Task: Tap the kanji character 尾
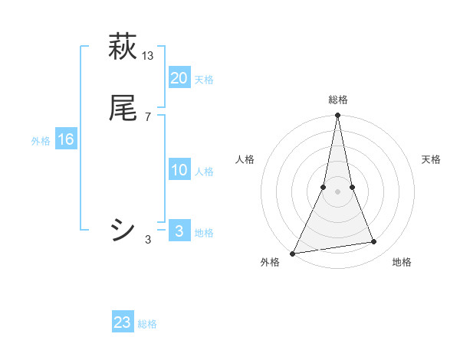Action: point(123,108)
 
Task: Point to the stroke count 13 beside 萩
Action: point(148,55)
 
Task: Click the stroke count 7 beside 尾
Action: point(147,117)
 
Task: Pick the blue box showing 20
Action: point(179,77)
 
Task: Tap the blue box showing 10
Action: point(179,170)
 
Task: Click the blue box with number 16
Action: point(66,139)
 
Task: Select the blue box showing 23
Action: point(123,322)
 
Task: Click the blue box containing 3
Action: point(179,231)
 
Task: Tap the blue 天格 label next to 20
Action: point(204,79)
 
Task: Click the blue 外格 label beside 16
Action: point(41,141)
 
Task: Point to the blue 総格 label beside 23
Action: point(147,324)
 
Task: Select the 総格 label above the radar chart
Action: point(338,100)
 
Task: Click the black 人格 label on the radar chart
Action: point(245,159)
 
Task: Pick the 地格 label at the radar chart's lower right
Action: point(402,263)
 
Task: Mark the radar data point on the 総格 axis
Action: point(338,116)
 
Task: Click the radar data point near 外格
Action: point(293,253)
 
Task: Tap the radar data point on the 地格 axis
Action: point(374,242)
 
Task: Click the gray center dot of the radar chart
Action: point(338,191)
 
